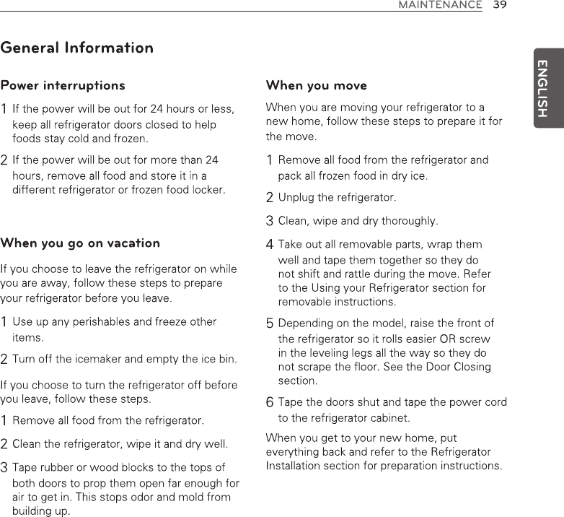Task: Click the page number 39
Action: (x=498, y=5)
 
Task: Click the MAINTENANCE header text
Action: (x=441, y=5)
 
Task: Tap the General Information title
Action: (x=77, y=48)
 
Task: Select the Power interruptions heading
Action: (x=63, y=86)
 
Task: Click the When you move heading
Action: (x=317, y=86)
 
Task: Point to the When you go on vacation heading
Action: (x=80, y=243)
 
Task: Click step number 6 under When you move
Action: (x=270, y=402)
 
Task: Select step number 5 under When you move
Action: (x=270, y=323)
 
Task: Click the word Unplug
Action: (x=296, y=197)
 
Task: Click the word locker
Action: (x=209, y=190)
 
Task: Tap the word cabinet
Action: (x=390, y=417)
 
